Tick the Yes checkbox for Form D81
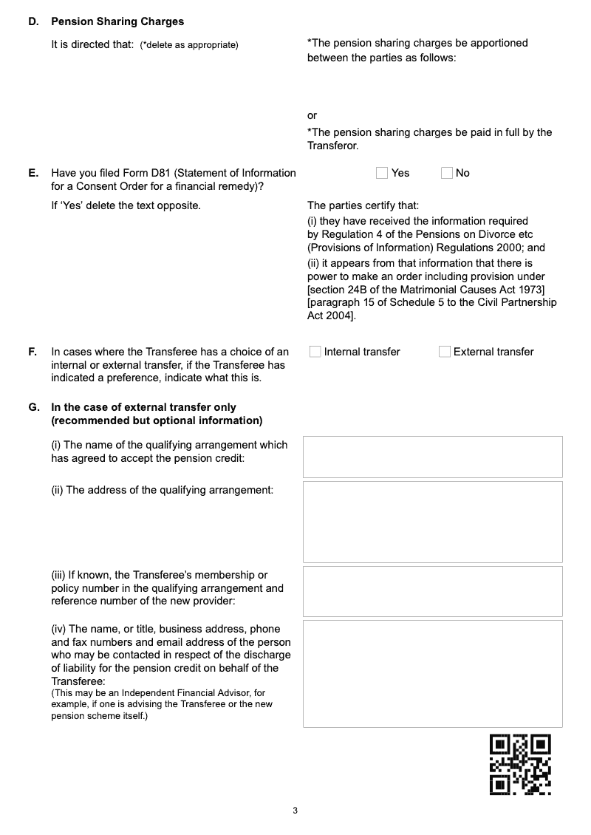point(382,173)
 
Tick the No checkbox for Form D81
point(447,173)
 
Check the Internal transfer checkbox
point(315,352)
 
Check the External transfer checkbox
point(445,352)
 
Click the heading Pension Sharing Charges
point(117,21)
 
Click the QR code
point(521,764)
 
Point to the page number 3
point(295,811)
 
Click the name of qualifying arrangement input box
point(432,457)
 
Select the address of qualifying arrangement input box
point(432,522)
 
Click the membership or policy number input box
point(432,591)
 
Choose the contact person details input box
point(432,674)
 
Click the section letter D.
point(33,21)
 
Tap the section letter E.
point(33,173)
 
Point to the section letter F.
point(33,352)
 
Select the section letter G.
point(33,407)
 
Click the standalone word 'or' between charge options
point(312,115)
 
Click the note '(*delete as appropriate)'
point(189,45)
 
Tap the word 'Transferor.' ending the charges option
point(333,146)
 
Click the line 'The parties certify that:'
point(363,205)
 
